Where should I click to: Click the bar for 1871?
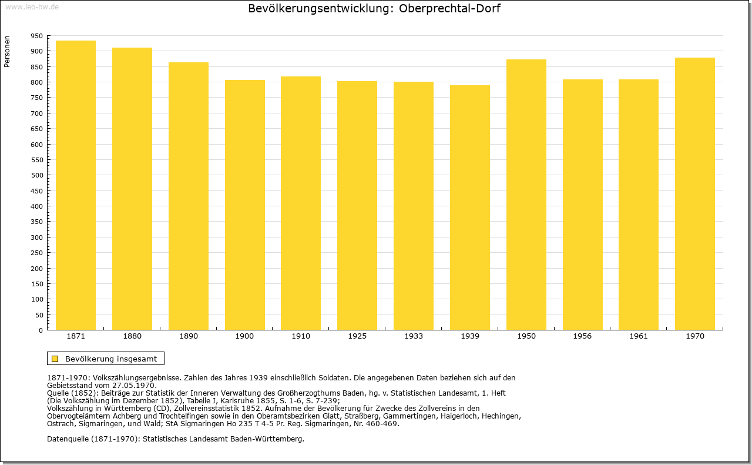[x=76, y=185]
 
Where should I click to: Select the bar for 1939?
[x=470, y=208]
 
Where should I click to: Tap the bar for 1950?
[x=526, y=195]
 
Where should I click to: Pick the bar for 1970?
[x=695, y=193]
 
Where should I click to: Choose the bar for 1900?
[x=245, y=205]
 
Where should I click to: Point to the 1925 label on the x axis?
[x=357, y=336]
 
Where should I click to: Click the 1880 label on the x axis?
[x=132, y=336]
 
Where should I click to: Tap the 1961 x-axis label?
[x=639, y=336]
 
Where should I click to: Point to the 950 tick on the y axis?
[x=36, y=36]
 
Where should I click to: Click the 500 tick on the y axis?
[x=36, y=175]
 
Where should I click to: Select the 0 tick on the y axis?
[x=41, y=330]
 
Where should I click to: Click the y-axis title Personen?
[x=7, y=51]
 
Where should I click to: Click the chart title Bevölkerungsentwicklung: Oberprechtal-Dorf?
[x=374, y=9]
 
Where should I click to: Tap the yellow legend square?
[x=55, y=359]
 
